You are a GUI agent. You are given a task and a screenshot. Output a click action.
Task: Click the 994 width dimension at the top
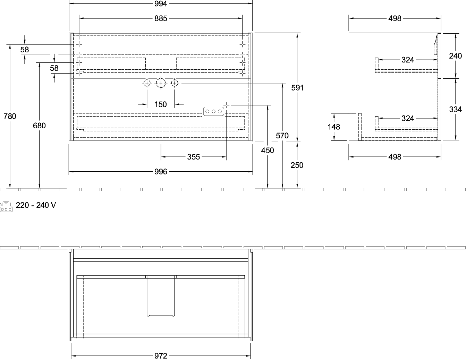(161, 4)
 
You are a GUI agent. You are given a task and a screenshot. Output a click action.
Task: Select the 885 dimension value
(161, 18)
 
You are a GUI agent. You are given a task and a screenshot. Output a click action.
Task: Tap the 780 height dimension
(10, 116)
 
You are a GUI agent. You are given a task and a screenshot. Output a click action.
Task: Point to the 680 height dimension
(39, 125)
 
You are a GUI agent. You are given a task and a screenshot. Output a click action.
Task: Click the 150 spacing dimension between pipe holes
(160, 104)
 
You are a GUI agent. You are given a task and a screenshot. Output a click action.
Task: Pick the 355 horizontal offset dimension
(193, 157)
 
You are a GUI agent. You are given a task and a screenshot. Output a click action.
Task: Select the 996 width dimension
(161, 172)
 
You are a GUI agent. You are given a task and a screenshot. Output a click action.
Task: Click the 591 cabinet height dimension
(297, 88)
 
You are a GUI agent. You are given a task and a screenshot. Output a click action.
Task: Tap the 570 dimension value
(282, 135)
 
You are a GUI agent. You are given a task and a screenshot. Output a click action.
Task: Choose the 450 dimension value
(268, 151)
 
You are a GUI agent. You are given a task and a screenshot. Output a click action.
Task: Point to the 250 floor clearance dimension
(297, 165)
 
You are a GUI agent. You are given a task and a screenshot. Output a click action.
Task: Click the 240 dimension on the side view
(456, 56)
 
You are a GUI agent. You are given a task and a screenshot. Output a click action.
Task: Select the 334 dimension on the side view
(456, 109)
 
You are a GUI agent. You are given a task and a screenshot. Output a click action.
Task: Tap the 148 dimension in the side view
(334, 127)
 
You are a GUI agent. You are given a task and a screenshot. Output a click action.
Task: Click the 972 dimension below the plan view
(161, 356)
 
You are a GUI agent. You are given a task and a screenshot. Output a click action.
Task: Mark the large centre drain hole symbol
(161, 83)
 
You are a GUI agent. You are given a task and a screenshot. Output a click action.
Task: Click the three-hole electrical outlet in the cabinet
(214, 111)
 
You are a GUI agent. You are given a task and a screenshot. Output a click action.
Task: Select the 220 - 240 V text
(36, 205)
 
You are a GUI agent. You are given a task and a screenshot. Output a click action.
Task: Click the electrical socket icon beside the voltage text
(6, 205)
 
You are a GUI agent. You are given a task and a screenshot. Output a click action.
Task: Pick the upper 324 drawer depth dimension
(408, 60)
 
